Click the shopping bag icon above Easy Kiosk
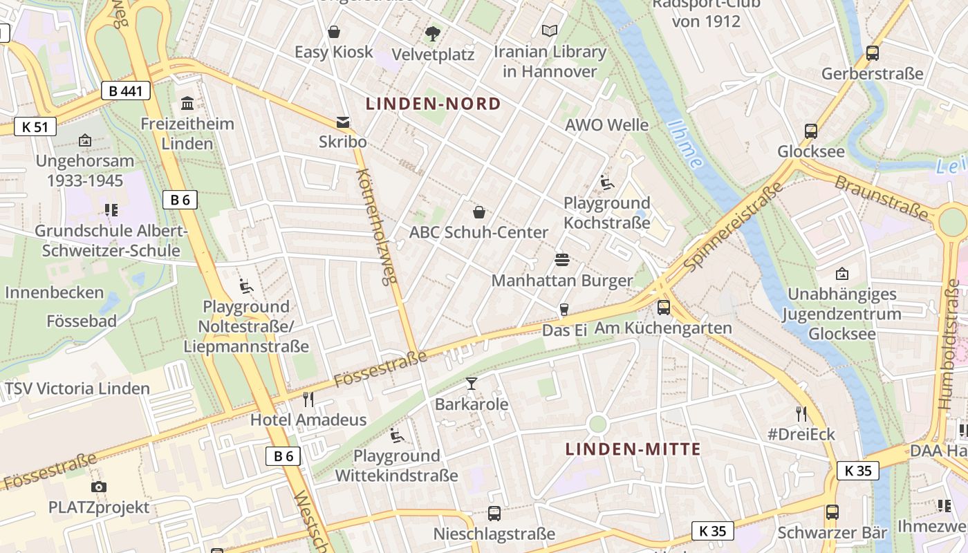tap(334, 32)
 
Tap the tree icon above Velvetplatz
tap(433, 32)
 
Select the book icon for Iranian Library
tap(550, 31)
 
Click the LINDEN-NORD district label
tap(434, 104)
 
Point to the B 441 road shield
tap(125, 90)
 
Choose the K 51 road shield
tap(35, 126)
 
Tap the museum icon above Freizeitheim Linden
tap(187, 104)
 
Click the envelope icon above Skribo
tap(342, 122)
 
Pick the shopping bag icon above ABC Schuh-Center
tap(478, 212)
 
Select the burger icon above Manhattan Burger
tap(562, 260)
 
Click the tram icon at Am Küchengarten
tap(664, 307)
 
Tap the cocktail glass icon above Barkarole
tap(472, 383)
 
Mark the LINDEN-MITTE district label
tap(633, 449)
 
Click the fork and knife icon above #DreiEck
tap(801, 414)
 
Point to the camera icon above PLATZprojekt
tap(99, 487)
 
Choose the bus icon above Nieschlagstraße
tap(494, 513)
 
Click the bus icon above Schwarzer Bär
tap(832, 512)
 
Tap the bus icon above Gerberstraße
tap(873, 53)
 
